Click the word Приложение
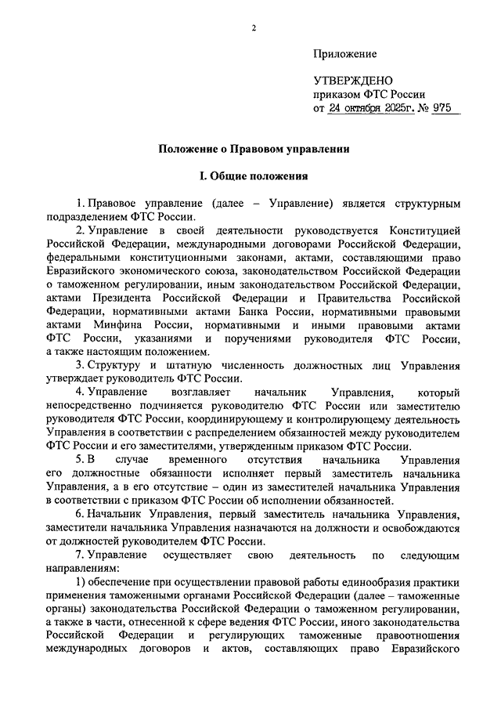pyautogui.click(x=344, y=54)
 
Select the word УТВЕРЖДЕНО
pyautogui.click(x=352, y=80)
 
